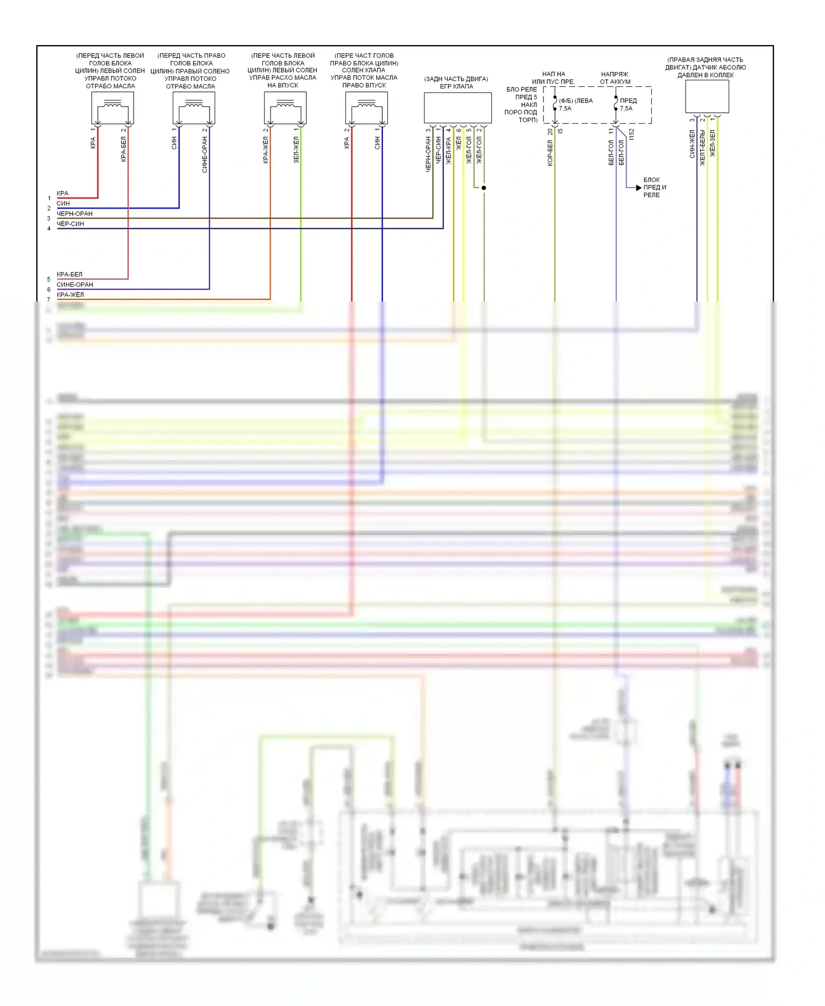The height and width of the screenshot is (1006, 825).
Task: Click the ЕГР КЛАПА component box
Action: pyautogui.click(x=457, y=108)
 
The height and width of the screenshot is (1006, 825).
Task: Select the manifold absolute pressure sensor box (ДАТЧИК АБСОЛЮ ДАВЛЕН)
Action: pyautogui.click(x=707, y=97)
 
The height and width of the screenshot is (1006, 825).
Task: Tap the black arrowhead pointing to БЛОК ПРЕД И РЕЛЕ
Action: pyautogui.click(x=639, y=188)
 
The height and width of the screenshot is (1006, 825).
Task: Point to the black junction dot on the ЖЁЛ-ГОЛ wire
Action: pyautogui.click(x=483, y=188)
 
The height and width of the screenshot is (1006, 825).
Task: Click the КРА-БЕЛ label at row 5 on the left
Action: pyautogui.click(x=69, y=274)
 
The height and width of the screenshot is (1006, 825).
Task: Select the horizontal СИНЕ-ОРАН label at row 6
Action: pyautogui.click(x=75, y=285)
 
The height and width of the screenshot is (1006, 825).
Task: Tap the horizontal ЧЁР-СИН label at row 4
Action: pyautogui.click(x=70, y=224)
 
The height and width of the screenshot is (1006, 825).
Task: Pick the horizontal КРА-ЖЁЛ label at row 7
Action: pyautogui.click(x=70, y=295)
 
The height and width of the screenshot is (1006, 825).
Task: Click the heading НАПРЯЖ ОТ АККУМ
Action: pyautogui.click(x=615, y=78)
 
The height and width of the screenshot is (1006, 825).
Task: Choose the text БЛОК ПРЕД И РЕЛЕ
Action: pyautogui.click(x=654, y=188)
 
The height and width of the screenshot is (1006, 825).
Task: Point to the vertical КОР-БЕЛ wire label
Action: pyautogui.click(x=550, y=152)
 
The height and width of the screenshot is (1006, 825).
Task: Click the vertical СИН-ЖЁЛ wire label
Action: pyautogui.click(x=692, y=144)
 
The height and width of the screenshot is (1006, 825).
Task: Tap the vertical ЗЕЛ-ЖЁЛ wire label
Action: pyautogui.click(x=296, y=150)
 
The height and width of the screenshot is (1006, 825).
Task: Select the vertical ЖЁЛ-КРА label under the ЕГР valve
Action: pyautogui.click(x=449, y=150)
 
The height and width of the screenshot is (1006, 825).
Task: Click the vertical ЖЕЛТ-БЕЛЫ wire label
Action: pyautogui.click(x=702, y=147)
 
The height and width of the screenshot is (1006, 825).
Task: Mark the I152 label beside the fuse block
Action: pyautogui.click(x=631, y=134)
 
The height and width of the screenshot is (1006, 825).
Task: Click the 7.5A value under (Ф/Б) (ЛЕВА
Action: pyautogui.click(x=565, y=108)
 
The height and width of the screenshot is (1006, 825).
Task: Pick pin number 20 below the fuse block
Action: pyautogui.click(x=550, y=132)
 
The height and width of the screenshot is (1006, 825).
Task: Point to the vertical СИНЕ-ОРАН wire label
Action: pyautogui.click(x=205, y=155)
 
